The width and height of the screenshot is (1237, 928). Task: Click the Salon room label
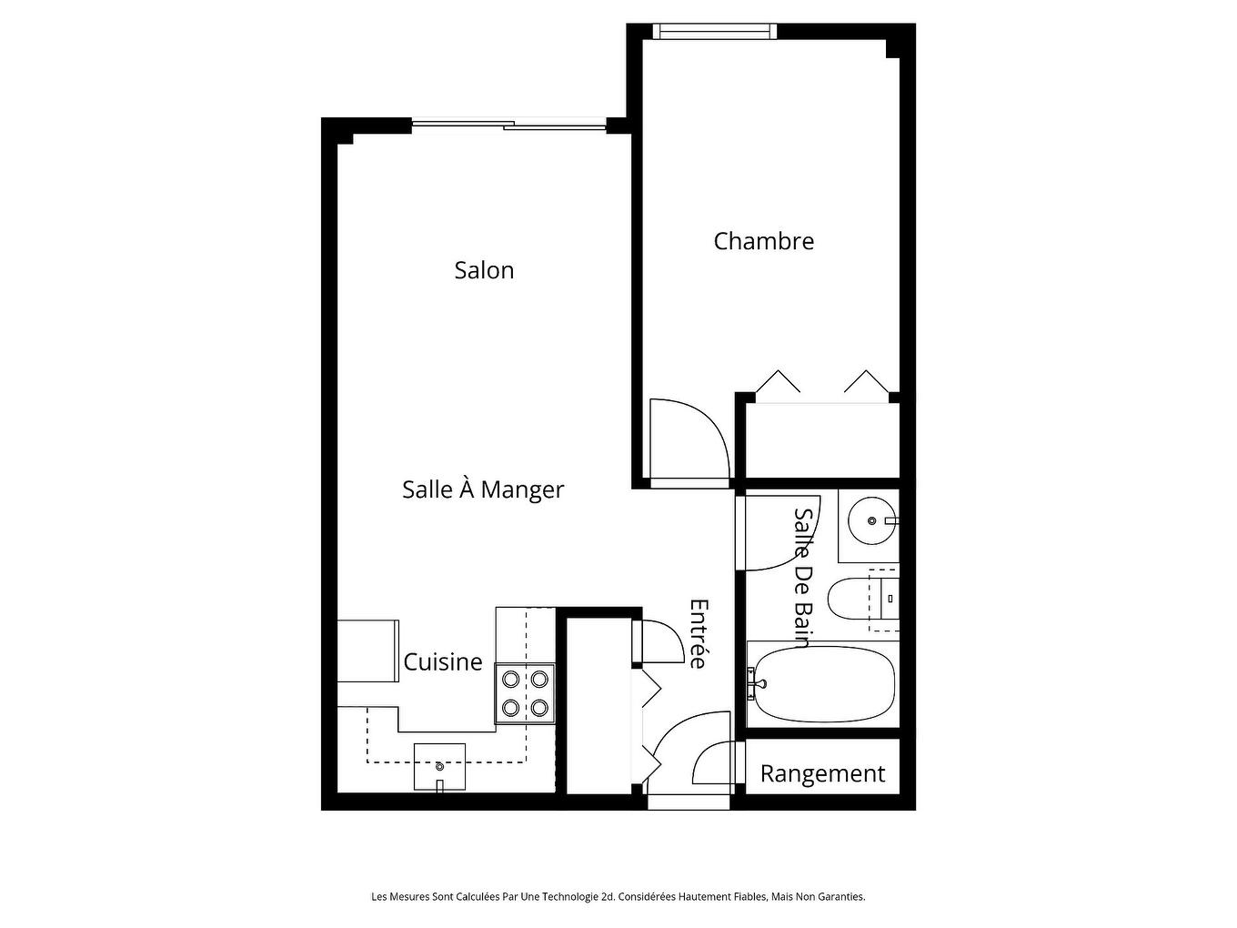[x=484, y=270]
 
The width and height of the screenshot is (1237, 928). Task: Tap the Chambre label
[x=763, y=241]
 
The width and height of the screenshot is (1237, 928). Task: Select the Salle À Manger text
[x=483, y=489]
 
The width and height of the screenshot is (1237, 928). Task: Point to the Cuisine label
[x=442, y=662]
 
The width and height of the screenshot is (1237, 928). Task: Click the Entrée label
[x=698, y=633]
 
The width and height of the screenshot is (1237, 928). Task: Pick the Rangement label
[x=822, y=773]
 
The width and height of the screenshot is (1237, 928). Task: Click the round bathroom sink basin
[x=870, y=521]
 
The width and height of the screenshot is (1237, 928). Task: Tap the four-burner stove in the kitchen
[x=525, y=693]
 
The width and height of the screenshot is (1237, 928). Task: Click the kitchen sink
[x=439, y=766]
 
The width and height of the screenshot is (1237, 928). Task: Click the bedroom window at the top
[x=715, y=32]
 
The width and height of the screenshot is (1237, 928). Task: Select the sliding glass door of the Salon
[x=509, y=125]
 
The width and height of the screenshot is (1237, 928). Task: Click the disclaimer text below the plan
[x=618, y=896]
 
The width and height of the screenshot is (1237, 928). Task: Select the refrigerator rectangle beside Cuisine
[x=368, y=651]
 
